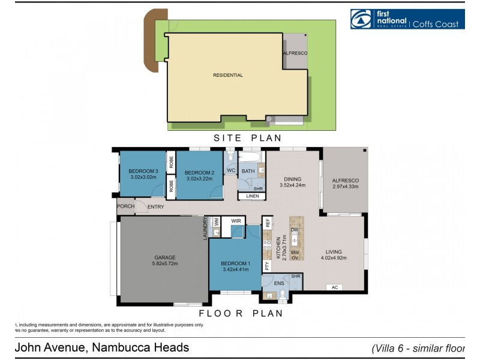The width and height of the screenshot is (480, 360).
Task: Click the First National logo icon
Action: (x=362, y=19)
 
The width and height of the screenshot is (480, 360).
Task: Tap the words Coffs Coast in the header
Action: (x=436, y=24)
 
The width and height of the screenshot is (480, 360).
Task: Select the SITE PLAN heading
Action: (x=248, y=138)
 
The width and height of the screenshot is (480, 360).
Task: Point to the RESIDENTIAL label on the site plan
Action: (x=228, y=75)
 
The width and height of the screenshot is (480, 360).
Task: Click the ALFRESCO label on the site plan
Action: (x=295, y=53)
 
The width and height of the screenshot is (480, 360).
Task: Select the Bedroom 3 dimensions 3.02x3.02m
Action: (x=143, y=178)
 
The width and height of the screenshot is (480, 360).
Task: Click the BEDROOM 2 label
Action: (x=200, y=172)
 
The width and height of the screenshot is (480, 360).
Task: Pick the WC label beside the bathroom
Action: (x=231, y=171)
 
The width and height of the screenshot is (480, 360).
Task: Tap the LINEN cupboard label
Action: (x=252, y=196)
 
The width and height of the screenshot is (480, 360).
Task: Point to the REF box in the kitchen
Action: (x=268, y=221)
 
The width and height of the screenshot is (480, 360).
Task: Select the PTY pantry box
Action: (x=267, y=264)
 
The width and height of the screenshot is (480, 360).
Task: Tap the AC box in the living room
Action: (x=335, y=287)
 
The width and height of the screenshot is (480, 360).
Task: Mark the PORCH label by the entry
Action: (x=125, y=207)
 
